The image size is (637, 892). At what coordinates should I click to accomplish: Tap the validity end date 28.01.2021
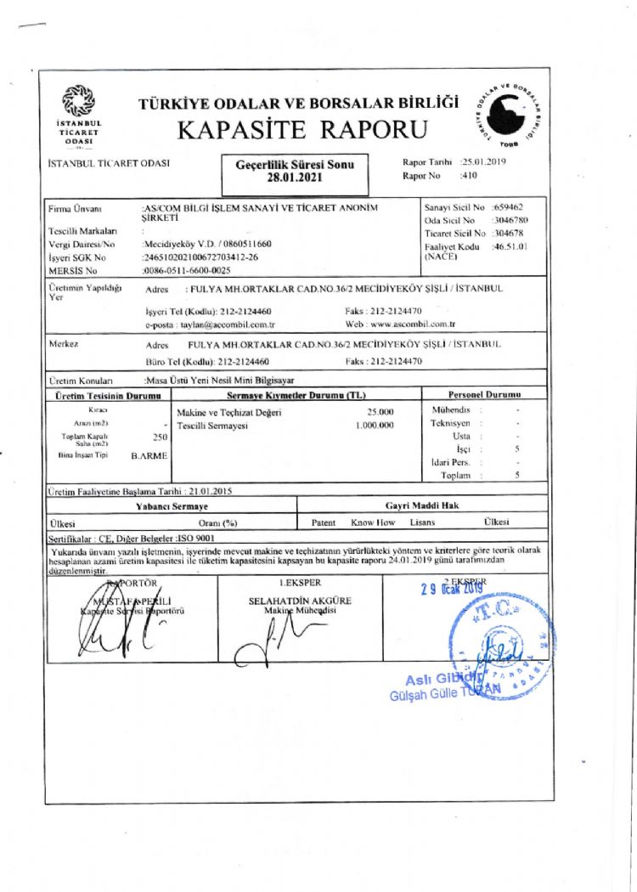pos(294,178)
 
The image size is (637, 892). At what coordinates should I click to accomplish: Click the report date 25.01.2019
pos(483,161)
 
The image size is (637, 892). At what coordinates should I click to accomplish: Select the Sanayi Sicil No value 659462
pos(508,207)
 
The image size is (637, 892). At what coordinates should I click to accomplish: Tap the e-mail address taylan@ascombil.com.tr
pos(228,325)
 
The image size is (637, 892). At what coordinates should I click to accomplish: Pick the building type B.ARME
pos(149,456)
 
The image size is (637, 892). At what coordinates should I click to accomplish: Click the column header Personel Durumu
pos(484,395)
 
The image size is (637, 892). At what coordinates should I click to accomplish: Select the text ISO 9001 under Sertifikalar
pos(197,538)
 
